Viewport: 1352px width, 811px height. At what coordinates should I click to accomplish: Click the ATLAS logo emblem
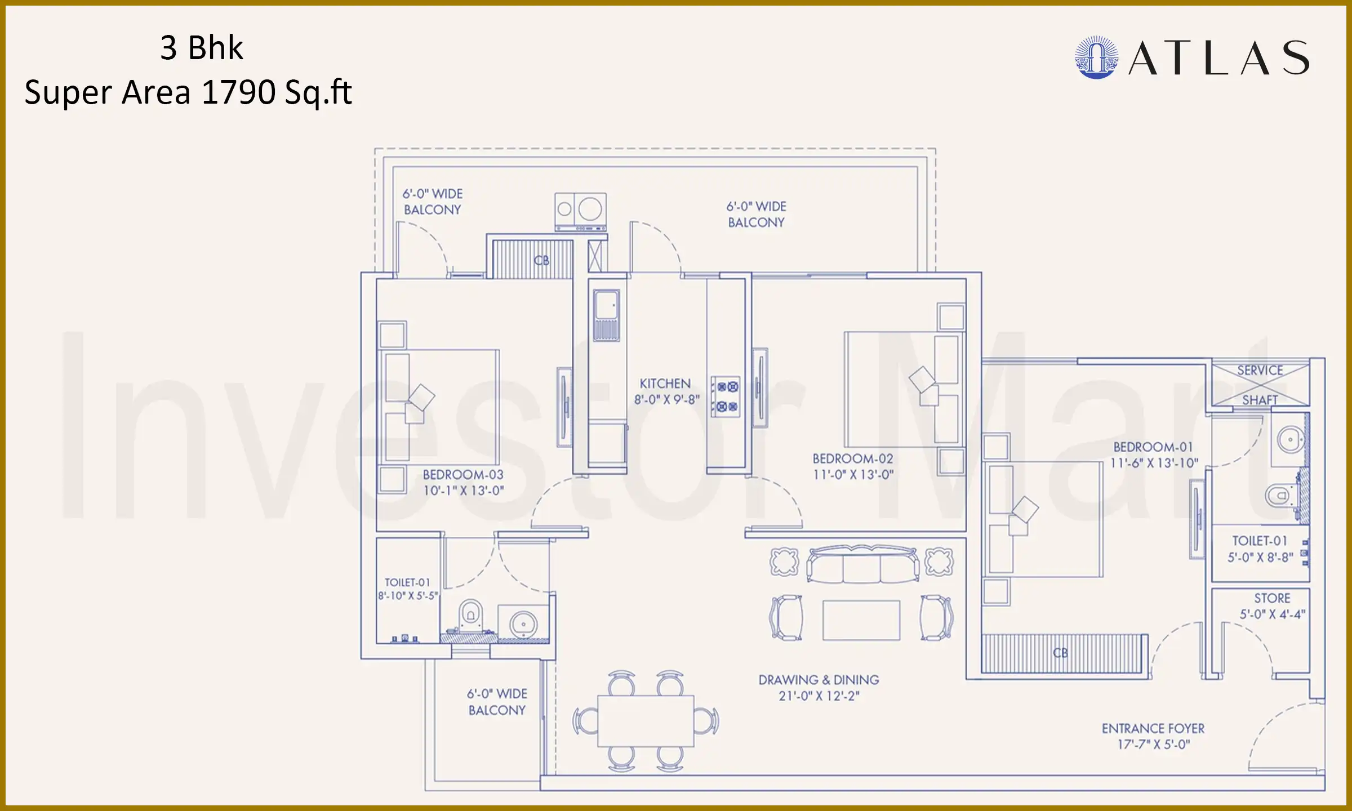1096,57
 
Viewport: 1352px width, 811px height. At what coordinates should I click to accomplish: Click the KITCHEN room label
665,384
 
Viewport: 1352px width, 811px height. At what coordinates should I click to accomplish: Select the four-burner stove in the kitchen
726,396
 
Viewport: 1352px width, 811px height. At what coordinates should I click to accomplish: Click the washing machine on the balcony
581,211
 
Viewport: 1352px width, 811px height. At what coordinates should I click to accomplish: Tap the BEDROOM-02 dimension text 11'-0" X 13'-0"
853,475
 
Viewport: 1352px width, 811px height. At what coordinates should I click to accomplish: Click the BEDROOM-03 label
463,475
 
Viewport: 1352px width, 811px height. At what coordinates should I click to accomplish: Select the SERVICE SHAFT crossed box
1260,385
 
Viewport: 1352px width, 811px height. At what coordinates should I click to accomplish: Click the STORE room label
1272,598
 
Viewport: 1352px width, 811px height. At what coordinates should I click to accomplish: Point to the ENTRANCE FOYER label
1153,729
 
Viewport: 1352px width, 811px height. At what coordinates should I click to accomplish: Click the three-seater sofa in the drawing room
862,564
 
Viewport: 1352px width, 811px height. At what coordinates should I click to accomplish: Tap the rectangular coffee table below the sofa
861,620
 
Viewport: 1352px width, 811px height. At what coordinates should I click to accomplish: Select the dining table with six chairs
646,721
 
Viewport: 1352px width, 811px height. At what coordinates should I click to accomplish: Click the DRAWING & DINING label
819,680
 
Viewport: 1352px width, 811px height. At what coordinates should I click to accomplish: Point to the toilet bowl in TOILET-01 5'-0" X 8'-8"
1280,496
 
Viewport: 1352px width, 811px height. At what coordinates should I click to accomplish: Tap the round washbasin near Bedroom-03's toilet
523,623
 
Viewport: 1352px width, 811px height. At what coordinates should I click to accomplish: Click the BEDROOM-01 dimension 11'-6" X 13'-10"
1154,463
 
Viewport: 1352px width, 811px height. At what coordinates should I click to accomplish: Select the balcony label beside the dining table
497,702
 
